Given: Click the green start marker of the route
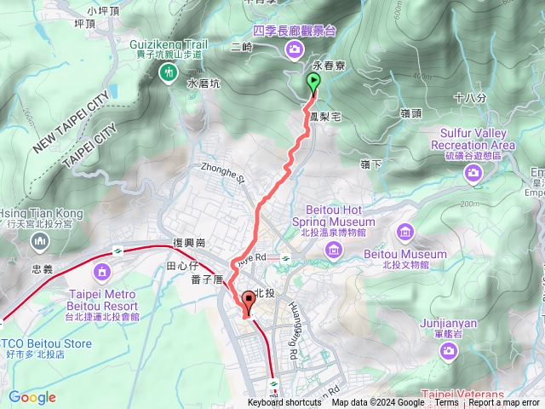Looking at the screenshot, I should [313, 83].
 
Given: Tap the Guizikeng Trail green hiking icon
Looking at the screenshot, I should [168, 74].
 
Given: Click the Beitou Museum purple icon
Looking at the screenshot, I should [405, 231].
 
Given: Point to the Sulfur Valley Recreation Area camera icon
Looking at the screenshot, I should [473, 173].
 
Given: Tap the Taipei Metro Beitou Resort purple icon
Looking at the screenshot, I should [102, 272].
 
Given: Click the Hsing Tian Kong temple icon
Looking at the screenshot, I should [40, 242].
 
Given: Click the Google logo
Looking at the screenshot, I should [32, 397].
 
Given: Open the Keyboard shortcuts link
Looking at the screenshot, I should [284, 403].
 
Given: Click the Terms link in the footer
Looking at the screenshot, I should [446, 403].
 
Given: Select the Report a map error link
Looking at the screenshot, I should [505, 403].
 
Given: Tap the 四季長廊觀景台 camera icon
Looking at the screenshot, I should [295, 50].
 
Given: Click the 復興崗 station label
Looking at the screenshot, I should [191, 242].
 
